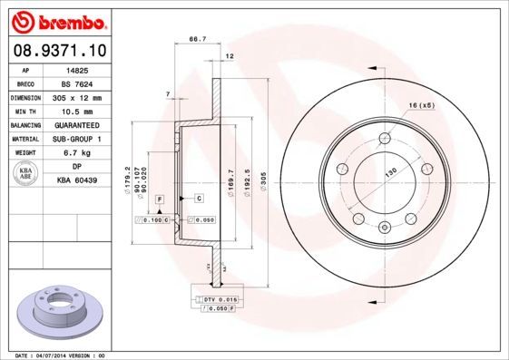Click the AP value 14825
[x=77, y=70]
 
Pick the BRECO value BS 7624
[x=77, y=83]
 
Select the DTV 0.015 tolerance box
[x=220, y=298]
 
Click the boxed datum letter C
[x=198, y=198]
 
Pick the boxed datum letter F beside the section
[x=159, y=198]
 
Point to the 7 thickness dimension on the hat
[x=168, y=94]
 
